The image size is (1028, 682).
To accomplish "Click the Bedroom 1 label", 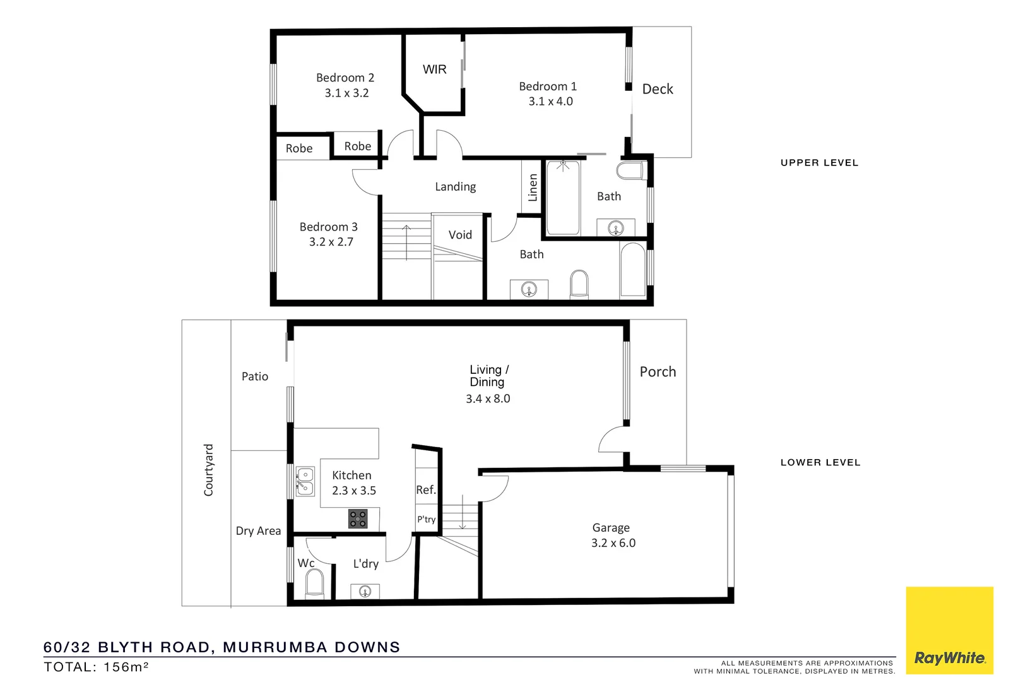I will click(x=548, y=87).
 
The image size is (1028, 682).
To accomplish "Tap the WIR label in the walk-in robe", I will click(x=434, y=69).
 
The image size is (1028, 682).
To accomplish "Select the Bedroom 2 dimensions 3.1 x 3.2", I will click(x=346, y=93).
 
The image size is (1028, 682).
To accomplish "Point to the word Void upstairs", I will click(x=460, y=235).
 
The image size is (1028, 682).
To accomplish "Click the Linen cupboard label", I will click(x=533, y=188).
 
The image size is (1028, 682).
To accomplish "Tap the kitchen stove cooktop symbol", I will click(x=358, y=519).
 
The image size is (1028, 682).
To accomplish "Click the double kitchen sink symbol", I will click(x=305, y=481).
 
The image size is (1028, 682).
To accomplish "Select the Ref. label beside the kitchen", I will click(x=426, y=490).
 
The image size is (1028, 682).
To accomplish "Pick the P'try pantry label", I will click(x=426, y=519).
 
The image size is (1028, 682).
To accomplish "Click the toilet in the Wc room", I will click(x=314, y=583).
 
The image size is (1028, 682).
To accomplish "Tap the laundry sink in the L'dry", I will click(x=365, y=592).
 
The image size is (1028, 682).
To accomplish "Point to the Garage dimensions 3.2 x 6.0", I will click(x=613, y=543).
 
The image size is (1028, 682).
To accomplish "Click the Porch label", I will click(x=658, y=372).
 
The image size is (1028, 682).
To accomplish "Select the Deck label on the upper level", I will click(x=658, y=89).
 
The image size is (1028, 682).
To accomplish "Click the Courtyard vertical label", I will click(x=209, y=470).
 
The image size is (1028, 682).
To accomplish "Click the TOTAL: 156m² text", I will click(x=96, y=667).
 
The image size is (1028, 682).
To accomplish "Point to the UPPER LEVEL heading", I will click(x=819, y=163).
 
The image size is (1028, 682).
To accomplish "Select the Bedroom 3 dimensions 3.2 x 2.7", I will click(x=331, y=242).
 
